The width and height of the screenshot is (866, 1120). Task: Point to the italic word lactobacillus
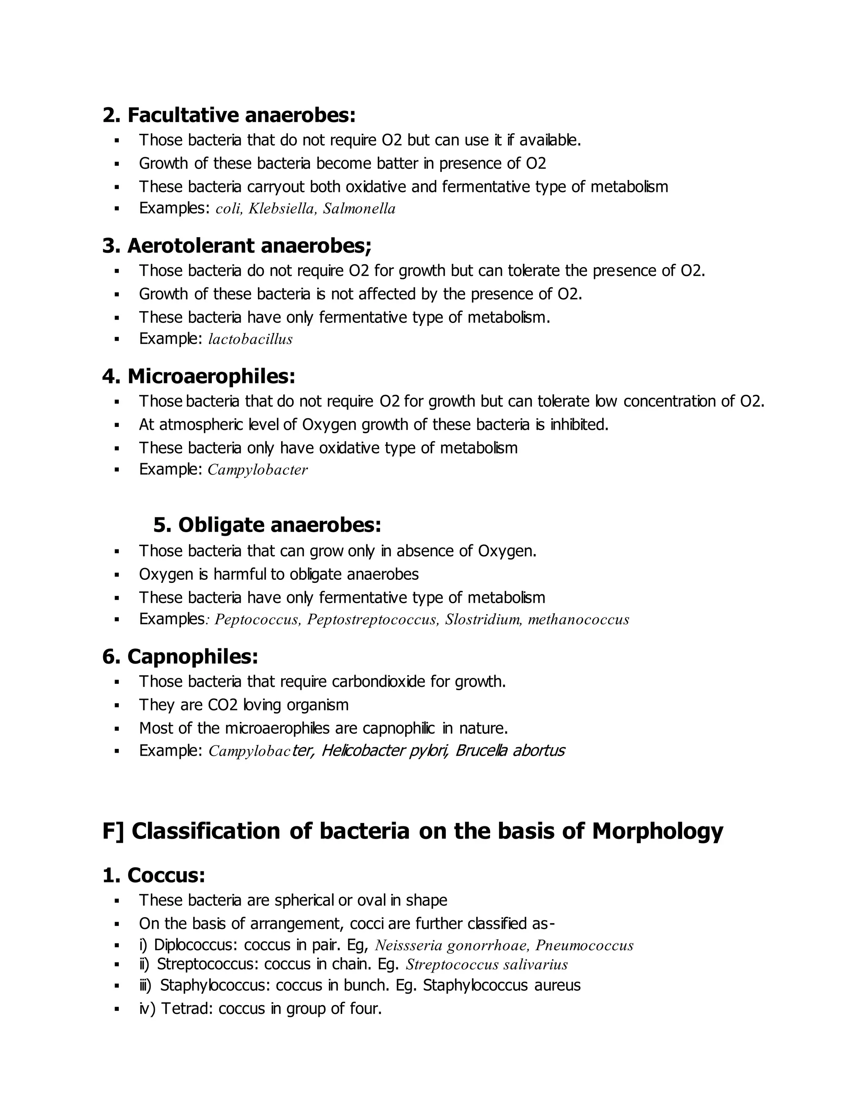click(250, 339)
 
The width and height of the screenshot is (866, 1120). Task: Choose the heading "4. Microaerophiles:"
click(199, 377)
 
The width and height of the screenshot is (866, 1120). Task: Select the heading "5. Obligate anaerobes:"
click(267, 524)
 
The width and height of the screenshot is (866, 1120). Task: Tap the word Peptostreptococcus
click(373, 620)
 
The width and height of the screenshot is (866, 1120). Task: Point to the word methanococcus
click(578, 620)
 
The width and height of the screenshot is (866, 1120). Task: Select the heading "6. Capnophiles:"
click(180, 656)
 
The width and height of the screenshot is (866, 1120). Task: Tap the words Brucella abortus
click(510, 751)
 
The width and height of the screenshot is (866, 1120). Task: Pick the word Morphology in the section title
click(657, 831)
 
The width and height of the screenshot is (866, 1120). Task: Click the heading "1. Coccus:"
click(153, 875)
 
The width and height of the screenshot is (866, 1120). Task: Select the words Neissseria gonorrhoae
click(452, 945)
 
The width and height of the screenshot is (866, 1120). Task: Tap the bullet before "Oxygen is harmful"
click(117, 575)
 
